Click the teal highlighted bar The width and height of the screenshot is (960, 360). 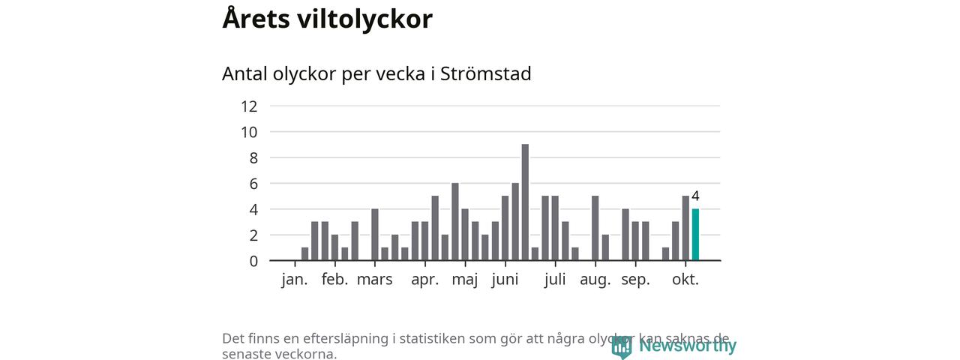(695, 235)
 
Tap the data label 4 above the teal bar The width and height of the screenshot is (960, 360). (695, 196)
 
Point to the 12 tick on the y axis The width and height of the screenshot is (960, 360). (249, 106)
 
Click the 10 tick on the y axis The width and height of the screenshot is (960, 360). (249, 132)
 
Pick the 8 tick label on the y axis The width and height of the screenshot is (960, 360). (253, 158)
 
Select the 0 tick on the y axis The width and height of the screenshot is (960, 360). (253, 261)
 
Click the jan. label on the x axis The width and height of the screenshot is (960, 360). (295, 280)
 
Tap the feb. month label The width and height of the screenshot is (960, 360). (334, 280)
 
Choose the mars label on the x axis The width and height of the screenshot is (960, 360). (374, 280)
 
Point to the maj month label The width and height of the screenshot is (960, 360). (465, 280)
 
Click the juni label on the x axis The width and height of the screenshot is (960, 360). (505, 280)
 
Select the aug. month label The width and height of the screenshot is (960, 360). (595, 280)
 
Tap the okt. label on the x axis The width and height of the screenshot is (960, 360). (685, 280)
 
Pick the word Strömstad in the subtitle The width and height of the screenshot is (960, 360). (485, 74)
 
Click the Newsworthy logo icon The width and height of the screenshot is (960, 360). (621, 346)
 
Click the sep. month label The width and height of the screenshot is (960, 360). (635, 280)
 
